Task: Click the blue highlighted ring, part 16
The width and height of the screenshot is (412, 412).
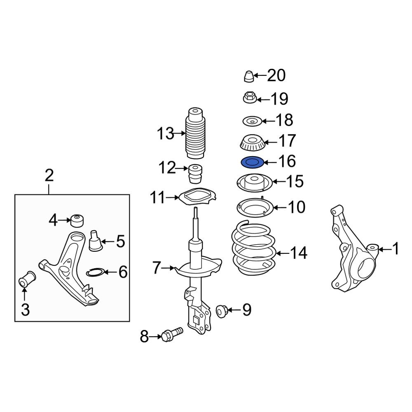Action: [x=251, y=163]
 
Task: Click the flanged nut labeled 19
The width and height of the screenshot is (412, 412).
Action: [x=250, y=98]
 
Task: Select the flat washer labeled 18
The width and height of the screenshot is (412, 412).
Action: [x=251, y=121]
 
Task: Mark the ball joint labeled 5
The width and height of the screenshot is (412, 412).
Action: [x=96, y=241]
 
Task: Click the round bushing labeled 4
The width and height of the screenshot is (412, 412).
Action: [x=77, y=220]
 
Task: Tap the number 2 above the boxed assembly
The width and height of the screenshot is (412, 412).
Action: [x=49, y=176]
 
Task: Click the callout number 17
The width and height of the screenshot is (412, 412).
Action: [x=287, y=141]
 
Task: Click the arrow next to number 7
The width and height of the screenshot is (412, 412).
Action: [x=168, y=269]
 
